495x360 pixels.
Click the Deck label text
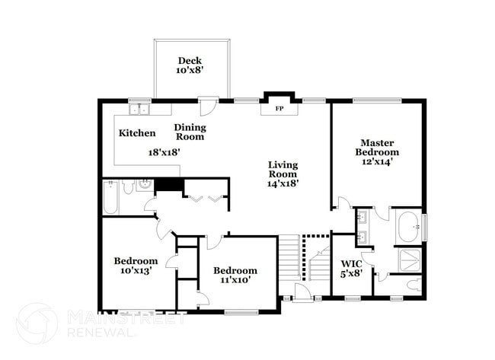coord(189,61)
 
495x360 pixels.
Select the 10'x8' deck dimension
coord(190,71)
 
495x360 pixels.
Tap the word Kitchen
coord(137,133)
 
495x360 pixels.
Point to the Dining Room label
coord(190,132)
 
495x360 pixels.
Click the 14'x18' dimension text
coord(283,183)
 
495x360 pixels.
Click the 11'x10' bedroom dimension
coord(235,280)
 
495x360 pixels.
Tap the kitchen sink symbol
coord(138,110)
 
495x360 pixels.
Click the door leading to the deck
coord(206,104)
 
